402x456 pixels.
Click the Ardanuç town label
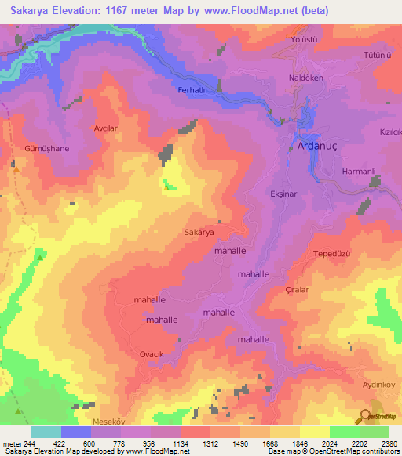pos(319,146)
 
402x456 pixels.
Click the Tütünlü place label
pos(377,55)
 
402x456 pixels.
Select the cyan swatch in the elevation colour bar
pos(46,432)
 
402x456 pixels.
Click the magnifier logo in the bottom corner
pos(366,415)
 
